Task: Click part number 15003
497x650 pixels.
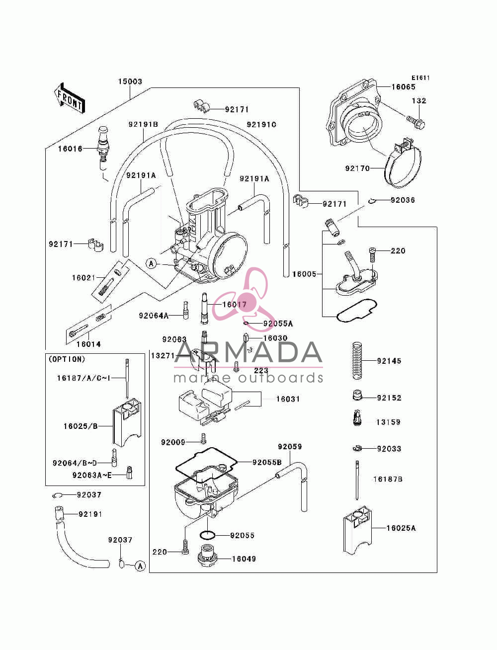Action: tap(130, 81)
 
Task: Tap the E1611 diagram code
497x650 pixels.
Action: tap(420, 78)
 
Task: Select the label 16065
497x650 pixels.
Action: tap(403, 87)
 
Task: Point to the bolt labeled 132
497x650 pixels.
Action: tap(416, 122)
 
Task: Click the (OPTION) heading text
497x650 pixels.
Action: tap(67, 359)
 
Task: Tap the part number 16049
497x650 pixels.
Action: tap(244, 559)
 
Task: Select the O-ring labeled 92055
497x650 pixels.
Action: tap(207, 535)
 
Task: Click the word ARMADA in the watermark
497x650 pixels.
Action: tap(248, 352)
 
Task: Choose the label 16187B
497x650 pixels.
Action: tap(388, 479)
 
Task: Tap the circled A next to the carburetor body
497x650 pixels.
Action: tap(152, 263)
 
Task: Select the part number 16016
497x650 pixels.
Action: tap(70, 149)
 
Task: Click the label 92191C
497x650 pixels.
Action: tap(261, 125)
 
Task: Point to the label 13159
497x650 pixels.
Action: tap(388, 422)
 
